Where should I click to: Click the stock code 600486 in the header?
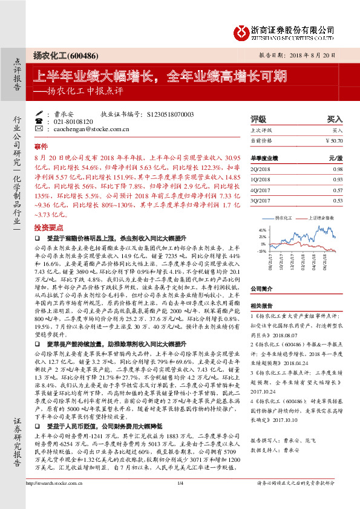coord(82,54)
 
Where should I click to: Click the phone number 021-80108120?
coord(72,121)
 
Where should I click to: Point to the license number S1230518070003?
coord(170,113)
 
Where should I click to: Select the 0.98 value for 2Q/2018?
coord(338,170)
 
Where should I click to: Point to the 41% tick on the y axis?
coord(262,230)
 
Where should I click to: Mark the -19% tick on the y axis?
coord(261,250)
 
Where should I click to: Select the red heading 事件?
coord(41,147)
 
